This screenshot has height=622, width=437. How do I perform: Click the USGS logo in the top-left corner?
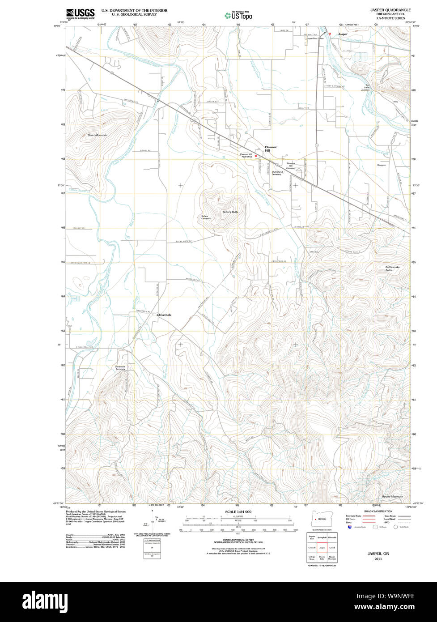coord(80,14)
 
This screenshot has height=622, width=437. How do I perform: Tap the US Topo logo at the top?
coord(238,16)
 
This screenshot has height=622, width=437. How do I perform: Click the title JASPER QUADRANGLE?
coord(390,10)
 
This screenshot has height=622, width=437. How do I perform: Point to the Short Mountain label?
coord(97,135)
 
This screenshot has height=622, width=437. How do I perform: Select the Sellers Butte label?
coord(230,212)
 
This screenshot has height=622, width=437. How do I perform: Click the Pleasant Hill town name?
coord(271,149)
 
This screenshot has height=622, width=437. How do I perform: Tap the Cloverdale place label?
coord(164,315)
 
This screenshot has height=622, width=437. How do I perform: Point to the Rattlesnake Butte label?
coord(395,268)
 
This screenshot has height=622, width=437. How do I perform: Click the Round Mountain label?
coord(392,496)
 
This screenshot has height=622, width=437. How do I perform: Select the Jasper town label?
coord(343,34)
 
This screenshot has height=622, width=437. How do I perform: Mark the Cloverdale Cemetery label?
coord(120,368)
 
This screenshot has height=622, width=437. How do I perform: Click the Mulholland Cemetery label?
coord(277,173)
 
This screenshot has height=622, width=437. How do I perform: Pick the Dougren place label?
coord(381,165)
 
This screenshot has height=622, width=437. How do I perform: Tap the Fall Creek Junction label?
coord(365,88)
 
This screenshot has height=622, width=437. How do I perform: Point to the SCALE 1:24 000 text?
coord(238,511)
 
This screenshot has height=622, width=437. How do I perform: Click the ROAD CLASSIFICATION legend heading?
coord(378,511)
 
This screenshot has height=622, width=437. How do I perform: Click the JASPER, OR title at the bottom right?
coord(378,554)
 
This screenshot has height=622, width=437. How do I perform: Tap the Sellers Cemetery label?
coord(206,217)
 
